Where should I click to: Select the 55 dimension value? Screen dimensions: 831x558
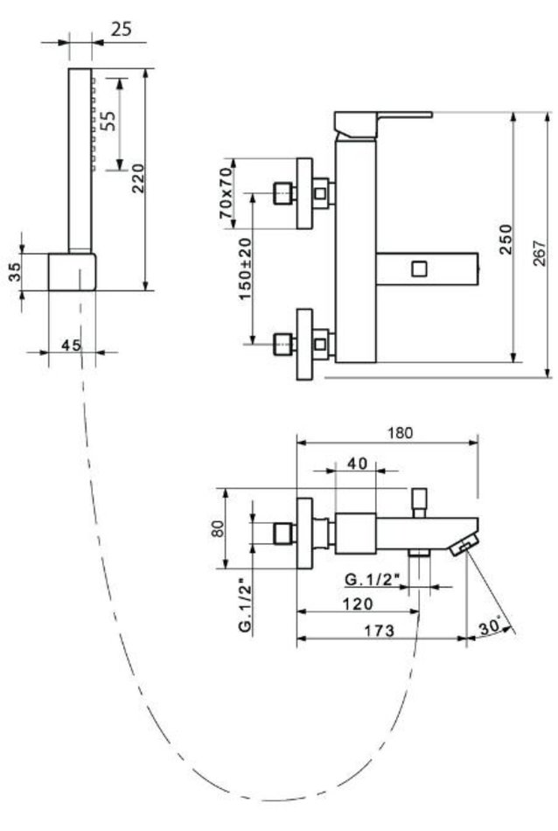tap(108, 121)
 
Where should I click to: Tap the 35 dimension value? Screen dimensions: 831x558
tap(16, 272)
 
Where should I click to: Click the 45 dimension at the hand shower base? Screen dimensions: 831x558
tap(72, 345)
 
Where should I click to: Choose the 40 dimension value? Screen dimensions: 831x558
tap(356, 464)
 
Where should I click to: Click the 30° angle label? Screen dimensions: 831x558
tap(490, 625)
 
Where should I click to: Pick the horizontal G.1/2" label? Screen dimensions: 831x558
tap(373, 578)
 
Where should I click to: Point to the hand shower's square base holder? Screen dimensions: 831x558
tap(73, 272)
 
